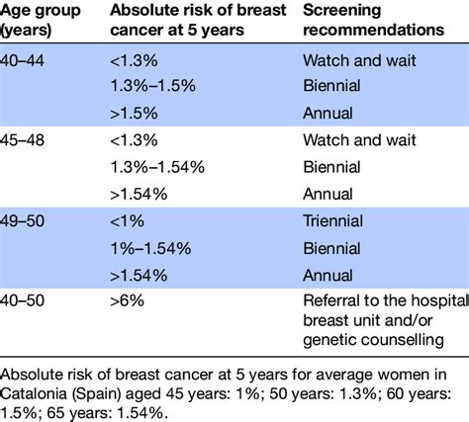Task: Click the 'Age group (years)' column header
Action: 41,20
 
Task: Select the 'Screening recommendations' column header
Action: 373,20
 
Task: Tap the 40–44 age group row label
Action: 22,61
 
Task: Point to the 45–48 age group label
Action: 22,140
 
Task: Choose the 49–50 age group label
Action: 22,220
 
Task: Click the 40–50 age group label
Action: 22,300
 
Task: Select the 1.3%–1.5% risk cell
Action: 153,86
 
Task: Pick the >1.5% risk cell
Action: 134,114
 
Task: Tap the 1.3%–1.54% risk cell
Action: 157,167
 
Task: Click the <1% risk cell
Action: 127,220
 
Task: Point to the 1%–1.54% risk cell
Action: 150,248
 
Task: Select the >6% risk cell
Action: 127,300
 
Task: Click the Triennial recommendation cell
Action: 332,220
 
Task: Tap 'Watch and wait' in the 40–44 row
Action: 359,61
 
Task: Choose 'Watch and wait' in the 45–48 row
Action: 359,140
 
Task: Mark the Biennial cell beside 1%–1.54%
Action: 331,248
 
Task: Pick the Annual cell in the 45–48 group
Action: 328,194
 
